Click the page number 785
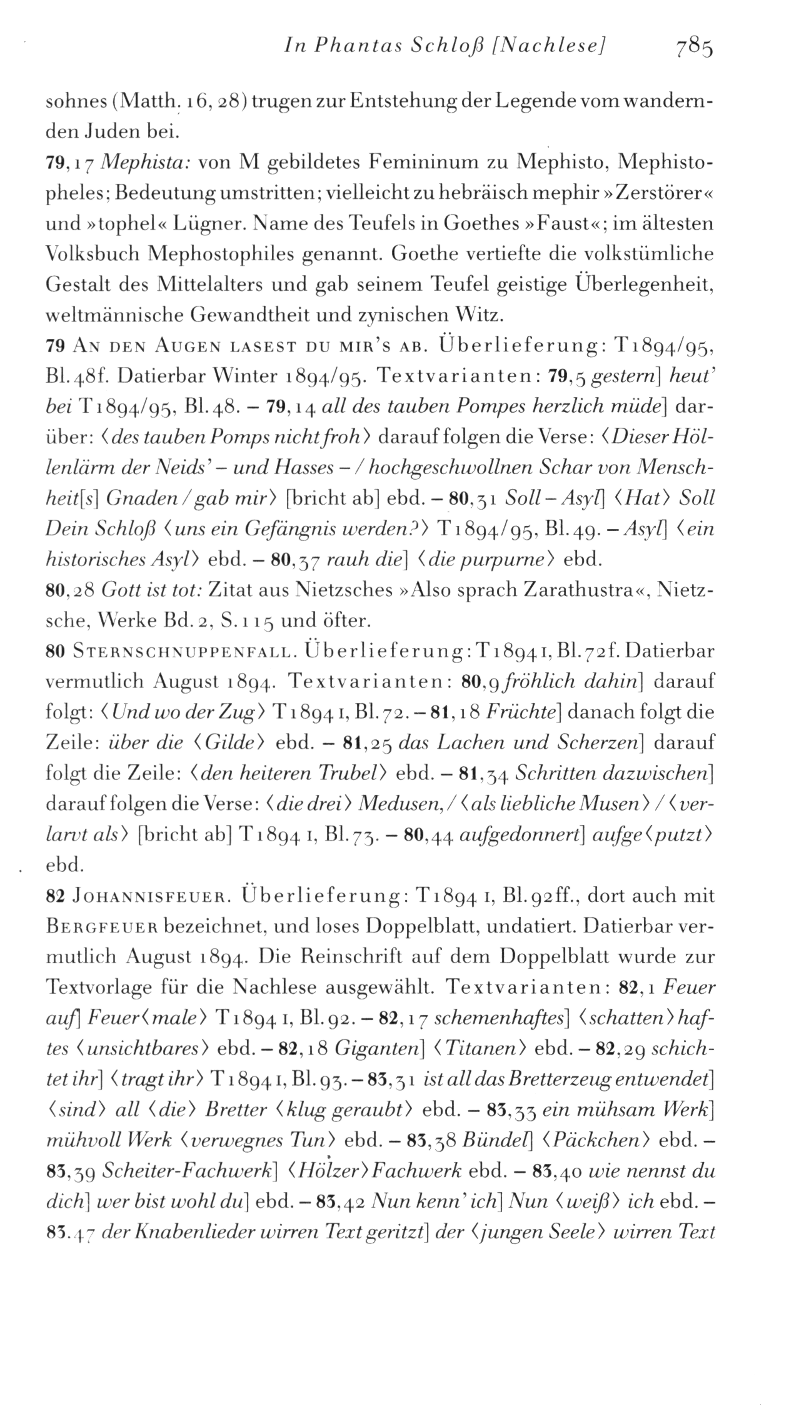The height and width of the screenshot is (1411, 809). pos(693,47)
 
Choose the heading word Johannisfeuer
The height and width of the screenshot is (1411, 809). pos(154,896)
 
